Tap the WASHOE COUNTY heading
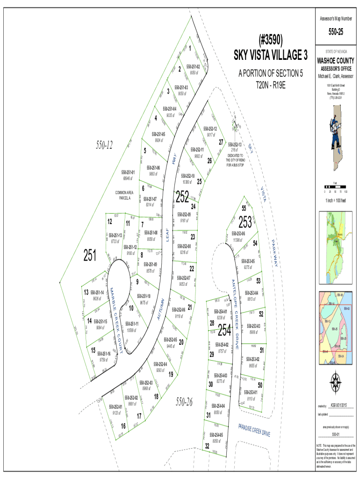(336, 61)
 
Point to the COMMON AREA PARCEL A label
(124, 195)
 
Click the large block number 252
(182, 197)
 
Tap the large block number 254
(224, 330)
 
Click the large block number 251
(90, 255)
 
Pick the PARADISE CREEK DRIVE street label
(254, 429)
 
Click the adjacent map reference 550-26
(184, 401)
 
